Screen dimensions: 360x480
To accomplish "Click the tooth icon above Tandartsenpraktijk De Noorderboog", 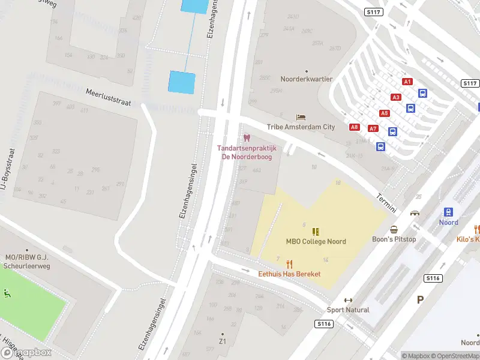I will pyautogui.click(x=247, y=138).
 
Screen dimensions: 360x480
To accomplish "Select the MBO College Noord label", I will pyautogui.click(x=316, y=242).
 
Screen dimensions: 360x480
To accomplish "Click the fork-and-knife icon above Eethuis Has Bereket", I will pyautogui.click(x=289, y=263).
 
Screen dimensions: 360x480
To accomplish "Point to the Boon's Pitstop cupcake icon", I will pyautogui.click(x=394, y=229).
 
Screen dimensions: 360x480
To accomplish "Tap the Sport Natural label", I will pyautogui.click(x=348, y=310).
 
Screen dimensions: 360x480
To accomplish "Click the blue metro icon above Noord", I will pyautogui.click(x=448, y=212).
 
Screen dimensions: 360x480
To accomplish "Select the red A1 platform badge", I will pyautogui.click(x=407, y=82).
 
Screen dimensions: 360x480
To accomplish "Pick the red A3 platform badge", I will pyautogui.click(x=395, y=97).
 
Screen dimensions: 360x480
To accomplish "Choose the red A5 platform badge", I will pyautogui.click(x=384, y=113).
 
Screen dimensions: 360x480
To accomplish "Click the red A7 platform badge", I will pyautogui.click(x=373, y=128).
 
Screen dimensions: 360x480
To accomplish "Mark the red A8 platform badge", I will pyautogui.click(x=355, y=127).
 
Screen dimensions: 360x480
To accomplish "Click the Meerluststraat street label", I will pyautogui.click(x=108, y=98).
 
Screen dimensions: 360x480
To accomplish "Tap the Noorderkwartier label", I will pyautogui.click(x=307, y=79).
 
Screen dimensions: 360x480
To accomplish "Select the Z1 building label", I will pyautogui.click(x=222, y=341).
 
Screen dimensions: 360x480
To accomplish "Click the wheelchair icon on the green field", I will pyautogui.click(x=7, y=293).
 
